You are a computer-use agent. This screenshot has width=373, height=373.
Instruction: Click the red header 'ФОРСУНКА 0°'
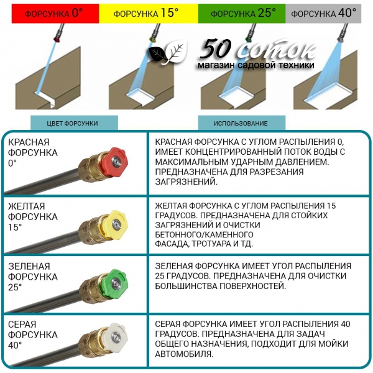[x=55, y=14]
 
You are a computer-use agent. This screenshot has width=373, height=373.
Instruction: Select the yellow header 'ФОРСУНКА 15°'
[x=149, y=14]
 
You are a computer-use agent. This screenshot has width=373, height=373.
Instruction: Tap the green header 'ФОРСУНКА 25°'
[x=242, y=14]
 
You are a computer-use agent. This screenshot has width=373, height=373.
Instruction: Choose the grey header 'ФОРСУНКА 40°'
[x=323, y=14]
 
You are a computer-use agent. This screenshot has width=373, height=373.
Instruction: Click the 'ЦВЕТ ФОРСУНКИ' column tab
[x=74, y=123]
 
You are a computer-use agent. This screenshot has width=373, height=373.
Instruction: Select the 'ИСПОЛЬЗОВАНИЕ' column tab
[x=242, y=123]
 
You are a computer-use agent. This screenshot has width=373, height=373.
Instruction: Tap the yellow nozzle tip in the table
[x=115, y=224]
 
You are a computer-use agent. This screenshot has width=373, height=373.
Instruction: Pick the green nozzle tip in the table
[x=115, y=283]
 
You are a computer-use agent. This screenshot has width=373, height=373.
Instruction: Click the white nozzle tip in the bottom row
[x=115, y=336]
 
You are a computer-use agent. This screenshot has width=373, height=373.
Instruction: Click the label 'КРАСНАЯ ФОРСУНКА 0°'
[x=33, y=152]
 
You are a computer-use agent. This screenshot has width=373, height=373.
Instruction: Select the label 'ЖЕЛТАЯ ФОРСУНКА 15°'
[x=33, y=216]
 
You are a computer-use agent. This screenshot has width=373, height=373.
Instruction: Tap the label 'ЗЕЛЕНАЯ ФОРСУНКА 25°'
[x=33, y=277]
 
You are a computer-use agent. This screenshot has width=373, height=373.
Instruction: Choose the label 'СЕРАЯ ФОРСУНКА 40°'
[x=33, y=334]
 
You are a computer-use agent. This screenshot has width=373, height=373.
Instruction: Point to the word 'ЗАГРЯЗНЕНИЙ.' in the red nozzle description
[x=186, y=182]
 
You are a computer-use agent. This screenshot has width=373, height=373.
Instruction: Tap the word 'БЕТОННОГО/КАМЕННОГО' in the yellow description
[x=204, y=234]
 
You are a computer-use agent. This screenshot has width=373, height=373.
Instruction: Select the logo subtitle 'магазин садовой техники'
[x=256, y=65]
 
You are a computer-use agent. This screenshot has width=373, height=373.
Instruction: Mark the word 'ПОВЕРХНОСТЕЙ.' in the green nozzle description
[x=252, y=286]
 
